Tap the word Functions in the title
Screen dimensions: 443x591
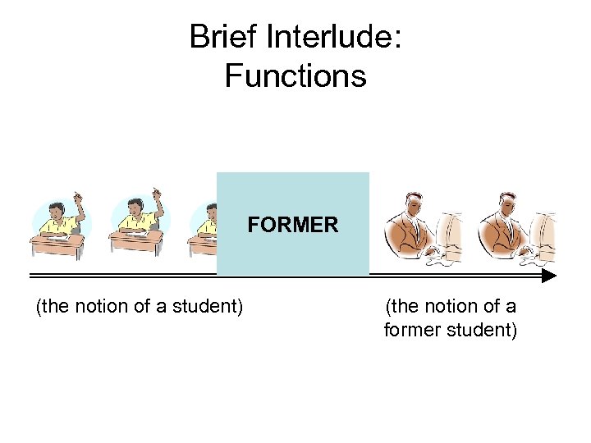click(295, 76)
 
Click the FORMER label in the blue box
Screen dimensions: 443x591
click(293, 225)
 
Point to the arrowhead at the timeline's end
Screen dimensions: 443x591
click(549, 276)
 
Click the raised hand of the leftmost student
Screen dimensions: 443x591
click(78, 198)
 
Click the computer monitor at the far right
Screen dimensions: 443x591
click(545, 234)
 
